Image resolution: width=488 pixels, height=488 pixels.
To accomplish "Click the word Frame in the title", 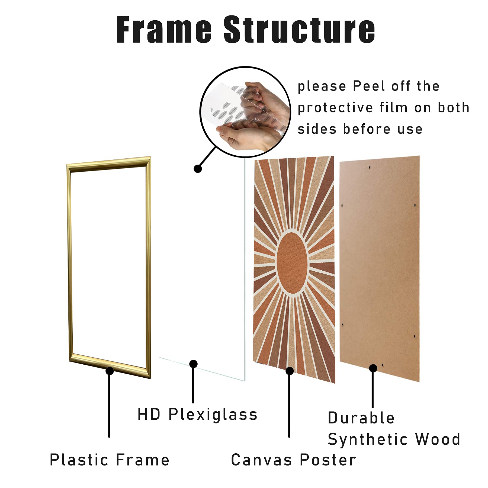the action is click(x=164, y=30).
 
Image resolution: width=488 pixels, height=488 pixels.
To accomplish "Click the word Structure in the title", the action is click(x=299, y=30).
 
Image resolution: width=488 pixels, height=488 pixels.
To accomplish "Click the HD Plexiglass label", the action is click(x=197, y=415).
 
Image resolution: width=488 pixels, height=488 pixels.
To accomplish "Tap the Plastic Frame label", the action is click(x=110, y=460).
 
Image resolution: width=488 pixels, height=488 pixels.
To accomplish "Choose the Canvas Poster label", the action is click(x=294, y=460).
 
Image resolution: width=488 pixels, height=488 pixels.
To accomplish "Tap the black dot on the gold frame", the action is click(x=110, y=371).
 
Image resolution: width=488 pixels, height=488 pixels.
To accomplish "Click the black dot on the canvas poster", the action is click(x=290, y=371).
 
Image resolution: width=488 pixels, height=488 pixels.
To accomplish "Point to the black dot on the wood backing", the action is click(x=373, y=368).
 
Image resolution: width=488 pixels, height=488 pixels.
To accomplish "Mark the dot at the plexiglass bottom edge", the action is click(x=193, y=364).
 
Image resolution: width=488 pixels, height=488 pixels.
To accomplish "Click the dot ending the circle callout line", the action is click(x=198, y=169).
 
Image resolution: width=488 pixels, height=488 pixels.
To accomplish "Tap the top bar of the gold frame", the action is click(x=109, y=164).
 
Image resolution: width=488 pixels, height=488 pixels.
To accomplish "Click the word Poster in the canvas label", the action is click(x=328, y=460).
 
